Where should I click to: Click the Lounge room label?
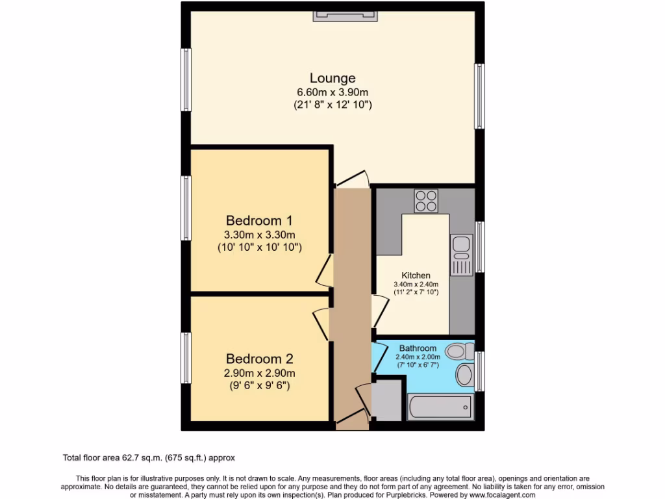(x=332, y=79)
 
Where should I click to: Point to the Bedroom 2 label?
(x=260, y=359)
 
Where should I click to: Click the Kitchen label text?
(x=416, y=275)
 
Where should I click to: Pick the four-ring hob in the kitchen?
(x=426, y=200)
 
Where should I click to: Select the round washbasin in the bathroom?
(x=465, y=375)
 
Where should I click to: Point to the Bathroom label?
(x=418, y=348)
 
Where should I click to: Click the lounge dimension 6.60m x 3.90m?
(x=332, y=92)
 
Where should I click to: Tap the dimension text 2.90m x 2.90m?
(x=260, y=373)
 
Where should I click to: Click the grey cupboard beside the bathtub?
(x=387, y=400)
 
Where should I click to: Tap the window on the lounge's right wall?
(x=479, y=96)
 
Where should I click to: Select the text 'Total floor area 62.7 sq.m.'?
(x=117, y=457)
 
